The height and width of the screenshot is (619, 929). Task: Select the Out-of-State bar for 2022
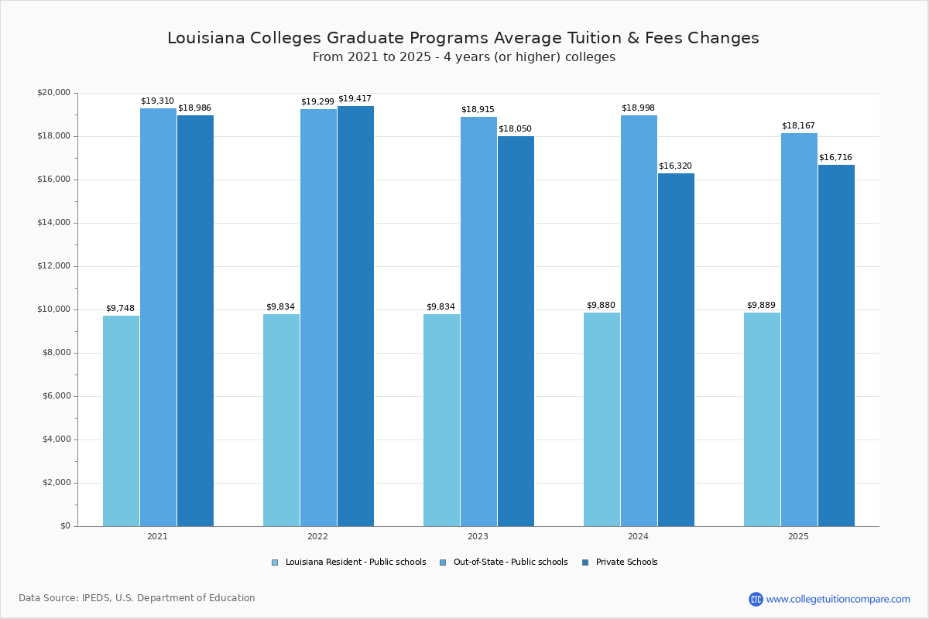pyautogui.click(x=318, y=317)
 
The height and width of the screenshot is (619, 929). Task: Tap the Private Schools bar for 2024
pyautogui.click(x=676, y=349)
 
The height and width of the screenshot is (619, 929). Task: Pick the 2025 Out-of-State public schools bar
pyautogui.click(x=799, y=329)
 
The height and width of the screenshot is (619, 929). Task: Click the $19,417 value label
pyautogui.click(x=355, y=99)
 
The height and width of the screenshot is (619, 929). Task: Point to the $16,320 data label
pyautogui.click(x=675, y=166)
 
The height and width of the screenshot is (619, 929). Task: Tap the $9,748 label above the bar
pyautogui.click(x=120, y=308)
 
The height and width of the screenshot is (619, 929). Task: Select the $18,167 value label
pyautogui.click(x=798, y=126)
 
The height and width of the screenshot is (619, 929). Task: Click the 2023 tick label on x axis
pyautogui.click(x=478, y=536)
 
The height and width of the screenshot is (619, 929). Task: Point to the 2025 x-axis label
pyautogui.click(x=798, y=536)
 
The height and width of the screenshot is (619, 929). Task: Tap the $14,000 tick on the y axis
pyautogui.click(x=53, y=223)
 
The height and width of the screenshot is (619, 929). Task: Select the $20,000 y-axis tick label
pyautogui.click(x=53, y=93)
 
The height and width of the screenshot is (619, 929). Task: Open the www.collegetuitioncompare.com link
pyautogui.click(x=838, y=599)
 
